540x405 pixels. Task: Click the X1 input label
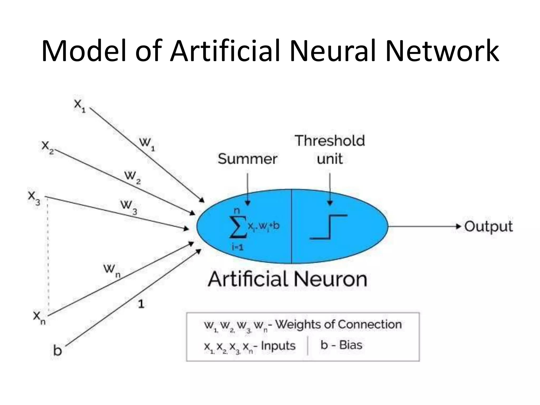tap(80, 106)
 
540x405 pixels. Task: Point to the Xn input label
tap(39, 317)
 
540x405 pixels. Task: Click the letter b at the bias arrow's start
tap(57, 350)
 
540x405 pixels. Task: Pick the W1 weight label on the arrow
tap(147, 144)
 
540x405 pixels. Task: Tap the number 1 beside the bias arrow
tap(141, 304)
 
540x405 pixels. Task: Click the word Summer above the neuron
tap(247, 159)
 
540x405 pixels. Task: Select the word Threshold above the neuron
tap(330, 141)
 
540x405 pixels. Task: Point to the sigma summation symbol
tap(238, 227)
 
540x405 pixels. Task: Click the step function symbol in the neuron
tap(329, 227)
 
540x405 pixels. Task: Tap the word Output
tap(488, 226)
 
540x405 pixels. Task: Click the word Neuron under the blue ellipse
tap(330, 279)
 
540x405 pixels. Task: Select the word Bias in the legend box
tap(351, 345)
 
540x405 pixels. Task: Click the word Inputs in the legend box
tap(278, 346)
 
